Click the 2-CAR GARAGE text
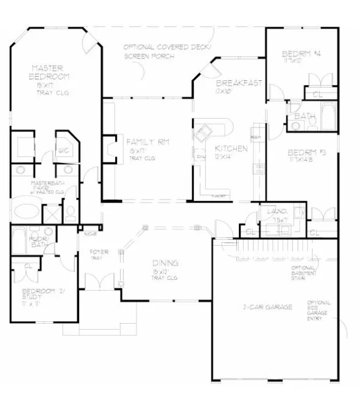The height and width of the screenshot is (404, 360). pyautogui.click(x=268, y=307)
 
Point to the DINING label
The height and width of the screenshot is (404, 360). pyautogui.click(x=165, y=263)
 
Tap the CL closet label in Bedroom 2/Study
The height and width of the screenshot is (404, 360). pyautogui.click(x=29, y=266)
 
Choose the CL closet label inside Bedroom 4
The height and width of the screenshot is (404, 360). pyautogui.click(x=317, y=95)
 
